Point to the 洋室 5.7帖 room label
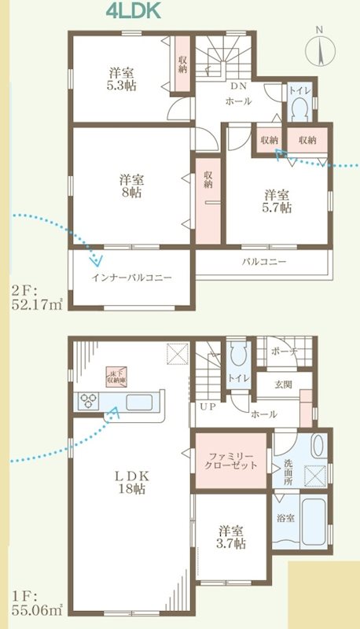pos(277,201)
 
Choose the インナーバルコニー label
pos(131,278)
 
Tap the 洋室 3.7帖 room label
pos(232,535)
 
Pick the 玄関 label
pos(283,384)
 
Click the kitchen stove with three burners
pos(86,402)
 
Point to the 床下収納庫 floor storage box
pos(117,377)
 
